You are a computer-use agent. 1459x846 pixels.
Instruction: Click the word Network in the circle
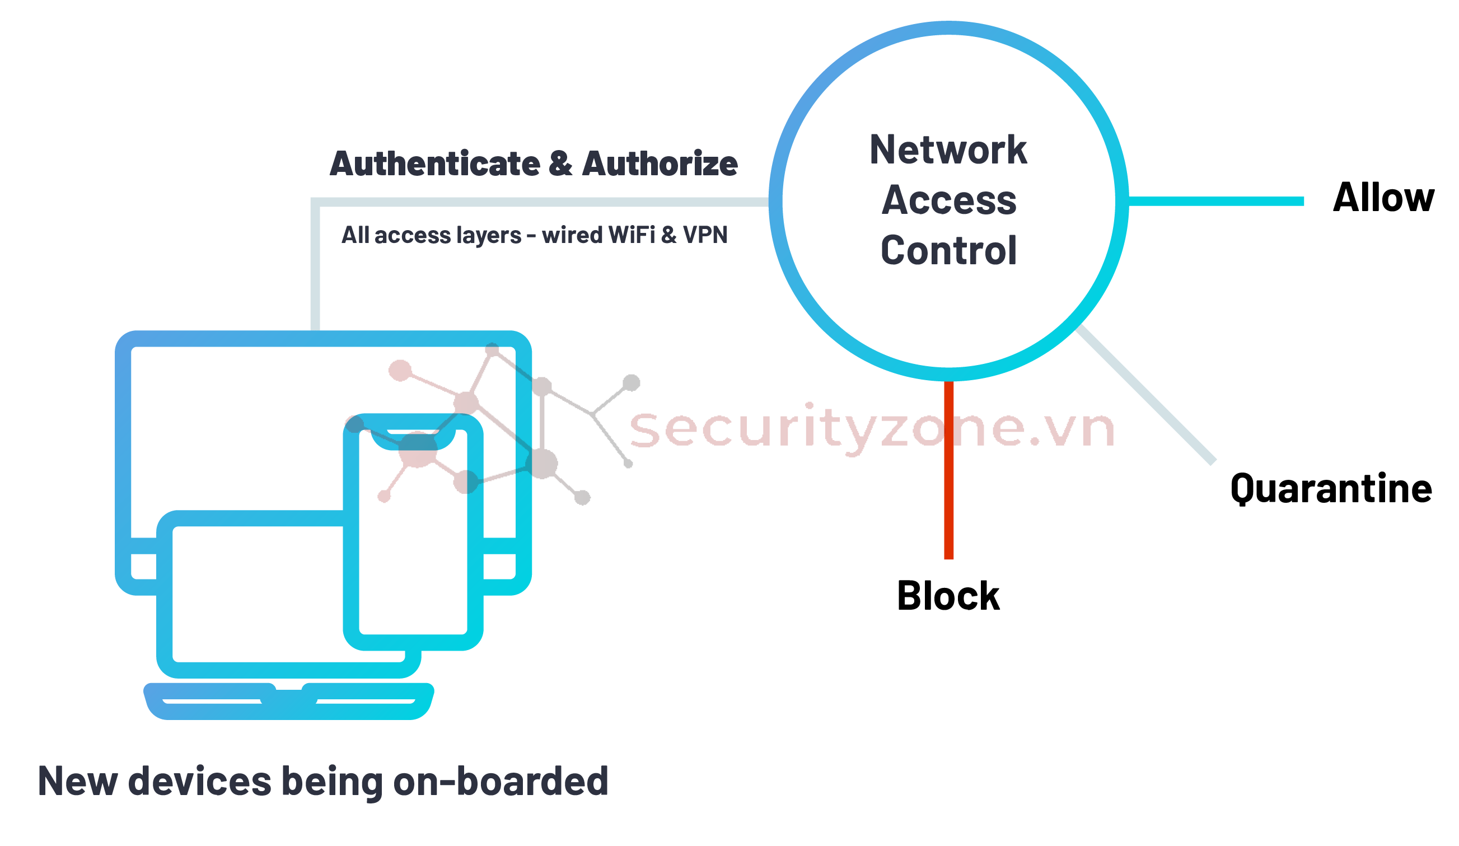pyautogui.click(x=948, y=150)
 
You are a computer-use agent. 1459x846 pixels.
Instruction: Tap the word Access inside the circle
pyautogui.click(x=949, y=200)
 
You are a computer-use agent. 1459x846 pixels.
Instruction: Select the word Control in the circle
pyautogui.click(x=948, y=251)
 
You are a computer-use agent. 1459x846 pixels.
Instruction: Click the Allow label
pyautogui.click(x=1383, y=198)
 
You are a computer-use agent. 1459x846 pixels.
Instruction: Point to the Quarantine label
pyautogui.click(x=1331, y=489)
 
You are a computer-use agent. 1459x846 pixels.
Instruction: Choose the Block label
pyautogui.click(x=948, y=596)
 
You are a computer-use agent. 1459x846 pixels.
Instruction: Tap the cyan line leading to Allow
pyautogui.click(x=1216, y=201)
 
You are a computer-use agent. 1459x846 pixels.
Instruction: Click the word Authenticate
pyautogui.click(x=435, y=164)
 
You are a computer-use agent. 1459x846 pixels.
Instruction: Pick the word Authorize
pyautogui.click(x=660, y=164)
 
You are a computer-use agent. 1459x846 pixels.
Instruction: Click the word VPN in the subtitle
pyautogui.click(x=705, y=235)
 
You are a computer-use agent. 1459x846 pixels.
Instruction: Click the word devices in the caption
pyautogui.click(x=199, y=782)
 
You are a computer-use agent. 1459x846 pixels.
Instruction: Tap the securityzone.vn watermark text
pyautogui.click(x=871, y=429)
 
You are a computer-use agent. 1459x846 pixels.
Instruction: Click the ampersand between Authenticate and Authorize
pyautogui.click(x=560, y=164)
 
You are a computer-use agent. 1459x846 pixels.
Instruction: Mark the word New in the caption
pyautogui.click(x=78, y=782)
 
